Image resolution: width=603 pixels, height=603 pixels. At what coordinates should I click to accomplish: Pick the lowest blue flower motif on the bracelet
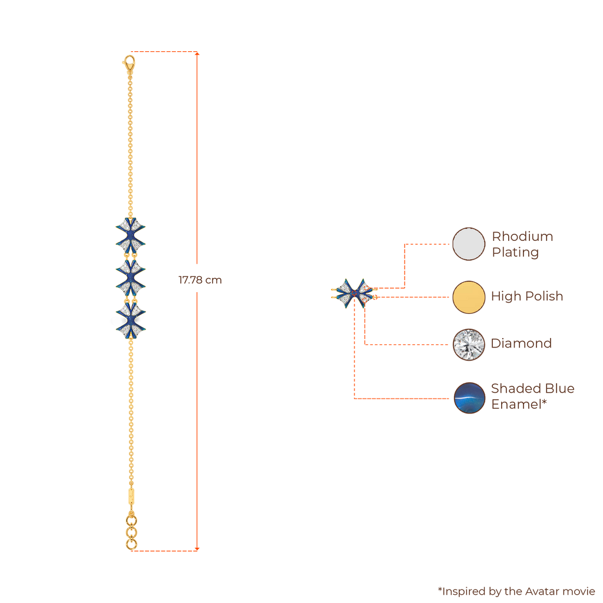[x=130, y=319]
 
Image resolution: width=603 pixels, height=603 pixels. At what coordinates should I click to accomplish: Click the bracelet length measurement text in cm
[x=200, y=280]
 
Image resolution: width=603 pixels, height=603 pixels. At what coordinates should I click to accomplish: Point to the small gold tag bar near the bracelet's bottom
[x=130, y=493]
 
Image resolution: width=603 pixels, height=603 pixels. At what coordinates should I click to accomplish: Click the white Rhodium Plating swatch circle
[x=469, y=244]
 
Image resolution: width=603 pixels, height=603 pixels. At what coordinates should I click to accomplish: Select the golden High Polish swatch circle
[x=469, y=296]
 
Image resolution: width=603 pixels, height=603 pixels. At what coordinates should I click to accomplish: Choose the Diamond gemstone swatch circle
[x=469, y=344]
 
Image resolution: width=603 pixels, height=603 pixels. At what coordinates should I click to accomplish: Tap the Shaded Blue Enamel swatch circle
[x=469, y=397]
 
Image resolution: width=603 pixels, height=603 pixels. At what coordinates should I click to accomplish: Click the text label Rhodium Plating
[x=522, y=244]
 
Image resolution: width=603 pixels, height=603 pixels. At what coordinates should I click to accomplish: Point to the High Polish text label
[x=527, y=296]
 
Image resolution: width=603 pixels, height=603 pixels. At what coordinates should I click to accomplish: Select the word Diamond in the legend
[x=521, y=343]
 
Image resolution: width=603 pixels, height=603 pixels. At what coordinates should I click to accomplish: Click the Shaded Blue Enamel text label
[x=532, y=396]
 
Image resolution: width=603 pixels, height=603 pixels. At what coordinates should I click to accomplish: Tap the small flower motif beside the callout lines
[x=352, y=293]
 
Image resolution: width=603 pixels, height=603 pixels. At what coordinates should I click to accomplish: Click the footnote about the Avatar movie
[x=516, y=591]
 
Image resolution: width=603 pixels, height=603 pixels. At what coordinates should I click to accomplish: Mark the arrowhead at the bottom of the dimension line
[x=197, y=550]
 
